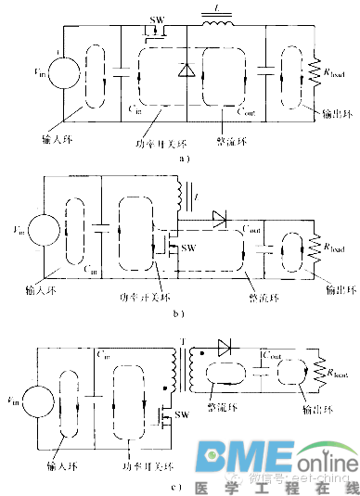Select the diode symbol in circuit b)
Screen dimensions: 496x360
pos(218,218)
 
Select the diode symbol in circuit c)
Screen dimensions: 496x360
pos(225,348)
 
